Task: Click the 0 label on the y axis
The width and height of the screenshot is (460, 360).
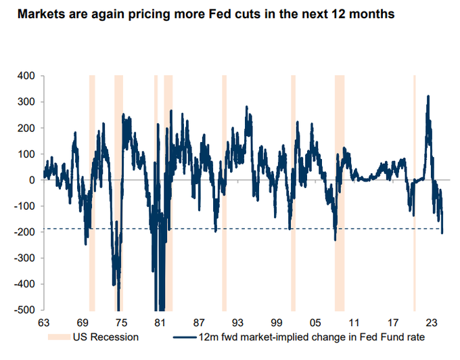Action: (32, 180)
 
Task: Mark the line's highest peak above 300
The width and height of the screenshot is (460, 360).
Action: (428, 97)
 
